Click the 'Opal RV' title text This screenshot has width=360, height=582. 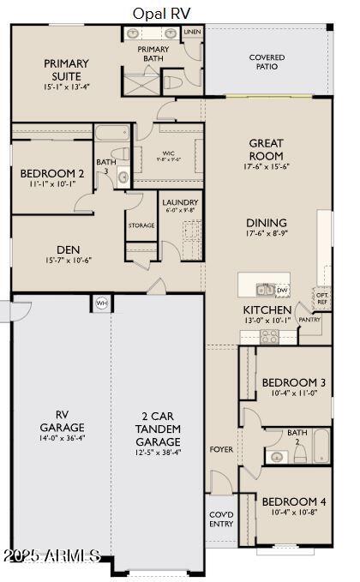(x=161, y=13)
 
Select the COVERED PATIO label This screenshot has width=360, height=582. (x=267, y=63)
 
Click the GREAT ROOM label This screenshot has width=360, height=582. (x=266, y=149)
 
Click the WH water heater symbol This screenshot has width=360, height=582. (x=101, y=303)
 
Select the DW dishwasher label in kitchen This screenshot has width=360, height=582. (x=281, y=291)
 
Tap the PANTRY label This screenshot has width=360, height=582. (x=309, y=320)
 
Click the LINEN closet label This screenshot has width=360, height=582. (x=193, y=32)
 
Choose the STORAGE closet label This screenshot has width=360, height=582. (x=141, y=225)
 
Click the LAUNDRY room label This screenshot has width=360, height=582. (x=179, y=203)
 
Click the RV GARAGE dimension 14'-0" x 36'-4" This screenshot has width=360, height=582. (x=62, y=437)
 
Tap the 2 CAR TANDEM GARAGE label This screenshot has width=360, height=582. (x=158, y=429)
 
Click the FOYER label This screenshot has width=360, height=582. (x=221, y=449)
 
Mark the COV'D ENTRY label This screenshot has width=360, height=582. (x=221, y=519)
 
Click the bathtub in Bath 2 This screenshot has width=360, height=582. (x=320, y=446)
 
